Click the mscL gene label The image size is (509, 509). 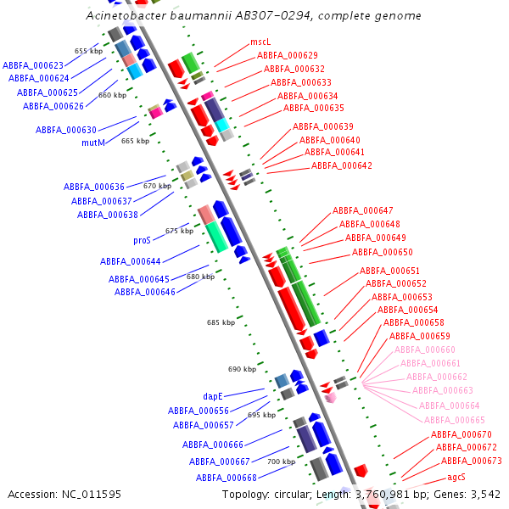(260, 42)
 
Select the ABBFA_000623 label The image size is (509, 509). (33, 65)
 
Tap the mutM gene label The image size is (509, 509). (93, 143)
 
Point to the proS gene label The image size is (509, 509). (142, 240)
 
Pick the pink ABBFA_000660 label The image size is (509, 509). (425, 350)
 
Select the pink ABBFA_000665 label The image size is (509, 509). (455, 420)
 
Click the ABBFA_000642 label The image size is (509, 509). (342, 166)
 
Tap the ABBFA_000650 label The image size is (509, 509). (383, 252)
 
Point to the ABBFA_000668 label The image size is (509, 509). (227, 478)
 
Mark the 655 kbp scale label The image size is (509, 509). (87, 51)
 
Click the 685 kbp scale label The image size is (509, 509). (220, 322)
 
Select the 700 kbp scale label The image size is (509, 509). (281, 461)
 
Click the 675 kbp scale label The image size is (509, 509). (178, 231)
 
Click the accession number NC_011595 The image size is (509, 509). (92, 494)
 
